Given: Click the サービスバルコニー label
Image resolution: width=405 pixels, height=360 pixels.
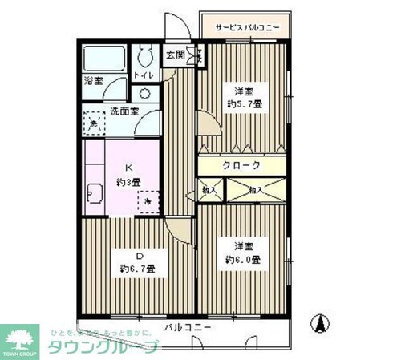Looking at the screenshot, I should point(247,28).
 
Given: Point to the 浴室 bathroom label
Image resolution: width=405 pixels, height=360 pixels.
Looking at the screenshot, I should point(95,80).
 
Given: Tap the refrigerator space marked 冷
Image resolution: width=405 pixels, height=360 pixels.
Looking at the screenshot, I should point(148,203).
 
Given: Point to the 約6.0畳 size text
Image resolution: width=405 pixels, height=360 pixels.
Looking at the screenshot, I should point(243,259).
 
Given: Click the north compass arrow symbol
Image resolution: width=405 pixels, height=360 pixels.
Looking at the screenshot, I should point(319,323).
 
